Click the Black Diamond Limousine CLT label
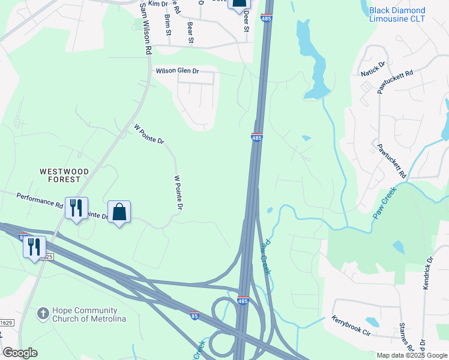coord(397,15)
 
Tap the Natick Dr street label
coord(373,68)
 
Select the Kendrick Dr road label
coord(427,274)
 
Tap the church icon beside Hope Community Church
coord(43,313)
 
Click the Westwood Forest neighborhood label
coord(64,175)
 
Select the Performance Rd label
coord(40,200)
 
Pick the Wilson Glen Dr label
coord(177,71)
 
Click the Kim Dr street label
coord(141,4)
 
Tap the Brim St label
coord(167,24)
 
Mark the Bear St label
coord(190,32)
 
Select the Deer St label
coord(246,24)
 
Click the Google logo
coord(20,353)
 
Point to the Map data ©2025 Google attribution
coord(412,355)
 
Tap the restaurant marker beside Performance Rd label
coord(76,208)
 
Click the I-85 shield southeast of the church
coord(194,314)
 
